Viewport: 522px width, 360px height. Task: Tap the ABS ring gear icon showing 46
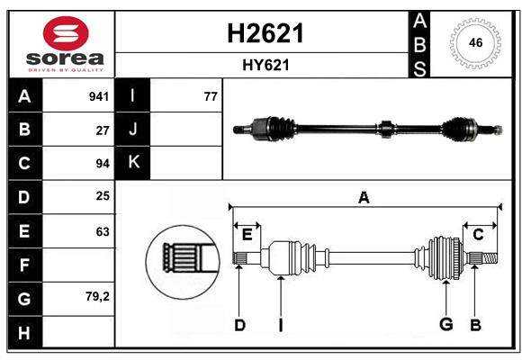pos(473,42)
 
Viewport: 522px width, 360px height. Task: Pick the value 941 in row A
pos(99,96)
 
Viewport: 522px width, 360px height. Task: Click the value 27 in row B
pos(103,130)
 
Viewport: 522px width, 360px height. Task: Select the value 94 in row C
pos(103,164)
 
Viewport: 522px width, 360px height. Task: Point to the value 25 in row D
pos(103,197)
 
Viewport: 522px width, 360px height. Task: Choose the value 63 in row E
pos(103,231)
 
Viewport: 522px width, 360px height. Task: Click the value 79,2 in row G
pos(98,296)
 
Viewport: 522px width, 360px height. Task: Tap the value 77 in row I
pos(211,96)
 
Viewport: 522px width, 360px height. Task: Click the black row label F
pos(24,265)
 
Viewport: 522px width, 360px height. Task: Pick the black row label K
pos(134,163)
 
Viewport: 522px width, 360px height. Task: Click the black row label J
pos(134,130)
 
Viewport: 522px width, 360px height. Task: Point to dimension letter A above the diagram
pos(364,197)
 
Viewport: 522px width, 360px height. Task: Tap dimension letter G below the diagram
pos(445,324)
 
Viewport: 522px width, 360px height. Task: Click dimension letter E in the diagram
pos(247,235)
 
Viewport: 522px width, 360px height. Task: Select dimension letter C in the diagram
pos(478,235)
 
